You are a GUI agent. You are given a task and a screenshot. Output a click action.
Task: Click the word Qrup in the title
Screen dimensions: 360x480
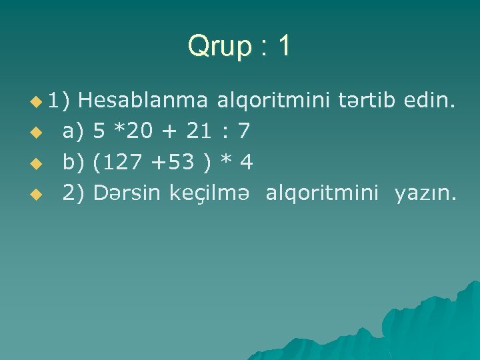pyautogui.click(x=219, y=47)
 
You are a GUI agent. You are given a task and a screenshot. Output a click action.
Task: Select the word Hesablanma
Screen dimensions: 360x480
pyautogui.click(x=147, y=101)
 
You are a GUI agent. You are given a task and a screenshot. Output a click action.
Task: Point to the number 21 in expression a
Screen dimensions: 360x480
pyautogui.click(x=198, y=132)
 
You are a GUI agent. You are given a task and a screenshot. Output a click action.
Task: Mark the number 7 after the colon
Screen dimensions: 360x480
pyautogui.click(x=244, y=132)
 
